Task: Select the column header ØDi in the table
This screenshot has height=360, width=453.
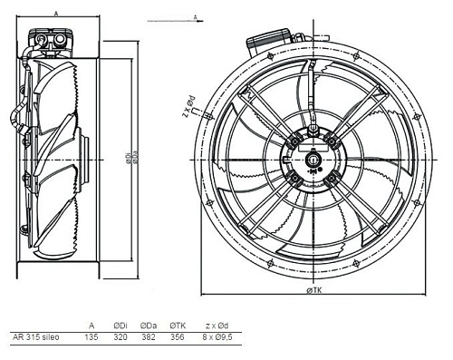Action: click(120, 326)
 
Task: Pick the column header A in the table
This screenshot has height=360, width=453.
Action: click(91, 326)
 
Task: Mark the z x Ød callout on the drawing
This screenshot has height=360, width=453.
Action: click(188, 107)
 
